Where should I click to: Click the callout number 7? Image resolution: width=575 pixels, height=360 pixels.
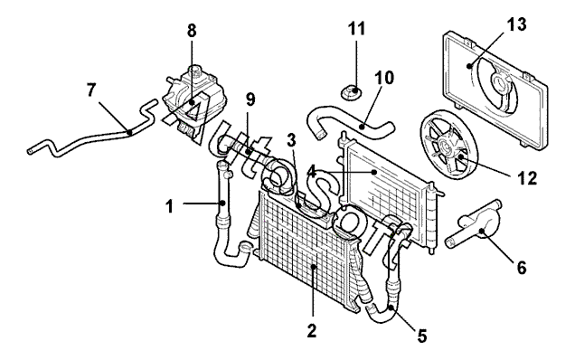91,90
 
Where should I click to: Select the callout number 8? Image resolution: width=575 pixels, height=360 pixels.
192,31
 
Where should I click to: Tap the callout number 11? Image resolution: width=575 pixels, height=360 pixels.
357,28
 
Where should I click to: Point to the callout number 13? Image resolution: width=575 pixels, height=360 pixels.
517,24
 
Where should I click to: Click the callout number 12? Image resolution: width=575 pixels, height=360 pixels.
527,178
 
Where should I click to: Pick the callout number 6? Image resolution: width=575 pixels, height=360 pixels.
522,268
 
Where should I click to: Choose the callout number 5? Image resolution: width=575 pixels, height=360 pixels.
422,336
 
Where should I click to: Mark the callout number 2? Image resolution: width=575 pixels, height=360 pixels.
311,331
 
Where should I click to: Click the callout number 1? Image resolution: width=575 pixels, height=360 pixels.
169,206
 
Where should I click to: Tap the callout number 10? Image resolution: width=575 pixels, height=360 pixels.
384,78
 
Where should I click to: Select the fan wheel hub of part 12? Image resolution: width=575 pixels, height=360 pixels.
447,147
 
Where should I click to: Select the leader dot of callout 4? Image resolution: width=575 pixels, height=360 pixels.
373,172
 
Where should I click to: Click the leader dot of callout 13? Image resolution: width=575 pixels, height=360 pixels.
469,66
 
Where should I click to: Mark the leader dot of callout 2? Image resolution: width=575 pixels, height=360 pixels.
313,267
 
